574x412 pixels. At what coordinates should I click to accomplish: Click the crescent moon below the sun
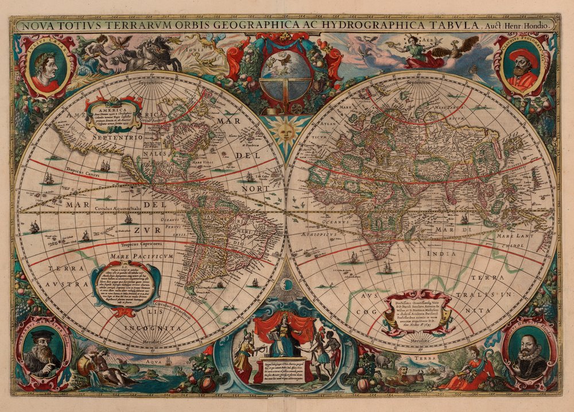pyautogui.click(x=285, y=283)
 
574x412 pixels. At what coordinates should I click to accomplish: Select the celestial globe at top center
pyautogui.click(x=285, y=71)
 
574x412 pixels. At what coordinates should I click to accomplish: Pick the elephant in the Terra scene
pyautogui.click(x=383, y=361)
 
